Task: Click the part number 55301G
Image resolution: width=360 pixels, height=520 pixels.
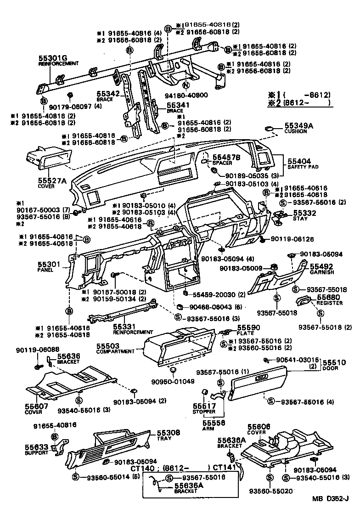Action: pos(52,58)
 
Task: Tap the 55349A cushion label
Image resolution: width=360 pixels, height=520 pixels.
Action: pos(298,125)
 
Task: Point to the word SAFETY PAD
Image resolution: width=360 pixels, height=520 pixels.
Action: pos(300,167)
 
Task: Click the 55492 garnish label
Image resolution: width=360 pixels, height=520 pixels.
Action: pos(321,266)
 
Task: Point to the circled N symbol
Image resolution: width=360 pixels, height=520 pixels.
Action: pos(185,85)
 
